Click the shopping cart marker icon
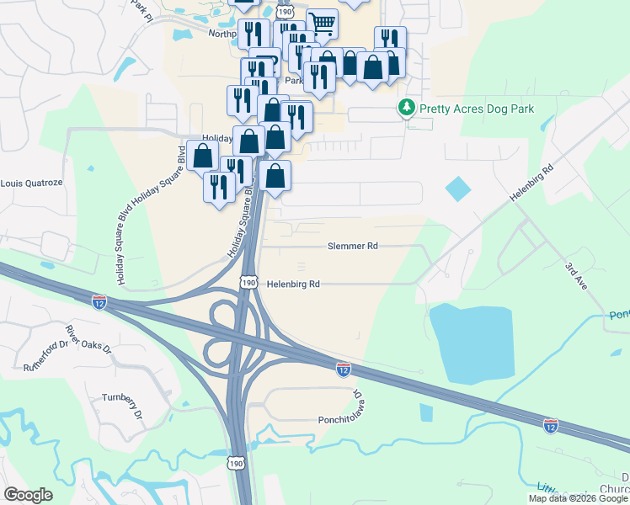point(322,23)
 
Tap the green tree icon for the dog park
point(407,109)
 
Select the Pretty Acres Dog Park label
point(478,109)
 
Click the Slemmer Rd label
point(353,247)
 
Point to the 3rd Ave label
point(575,277)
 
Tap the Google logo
point(28,495)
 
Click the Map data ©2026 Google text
point(578,498)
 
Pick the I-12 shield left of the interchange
point(99,300)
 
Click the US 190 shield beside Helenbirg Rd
point(248,284)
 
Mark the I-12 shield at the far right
point(551,426)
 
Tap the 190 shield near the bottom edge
point(237,464)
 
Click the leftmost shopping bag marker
point(202,156)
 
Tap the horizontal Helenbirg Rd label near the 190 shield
point(293,284)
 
